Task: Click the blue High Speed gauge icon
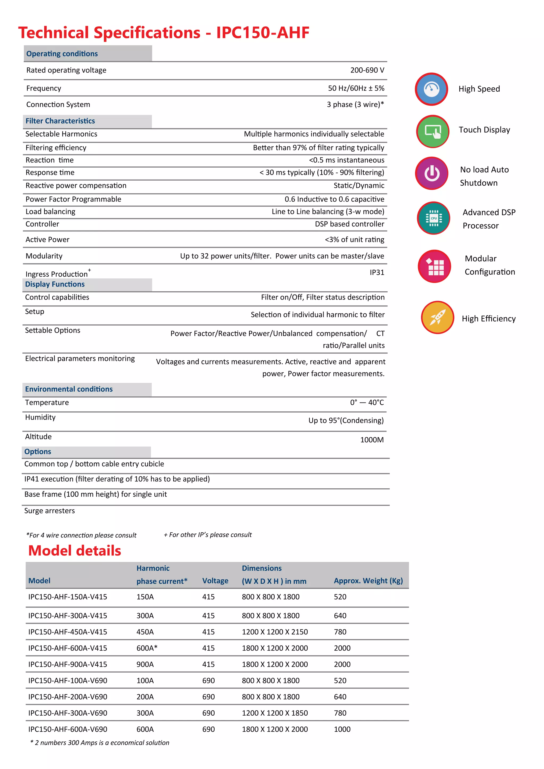point(431,89)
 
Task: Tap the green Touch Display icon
point(433,131)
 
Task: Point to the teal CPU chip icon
point(433,218)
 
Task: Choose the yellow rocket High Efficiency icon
point(437,317)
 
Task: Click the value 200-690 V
point(367,70)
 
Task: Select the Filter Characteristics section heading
point(60,121)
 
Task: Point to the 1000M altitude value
point(372,440)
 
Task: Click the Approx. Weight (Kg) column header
point(368,581)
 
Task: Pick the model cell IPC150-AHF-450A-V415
point(68,632)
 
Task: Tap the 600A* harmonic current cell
point(147,648)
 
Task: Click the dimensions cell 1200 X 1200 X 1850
point(275,713)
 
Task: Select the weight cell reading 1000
point(342,729)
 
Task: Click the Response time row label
point(50,173)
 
